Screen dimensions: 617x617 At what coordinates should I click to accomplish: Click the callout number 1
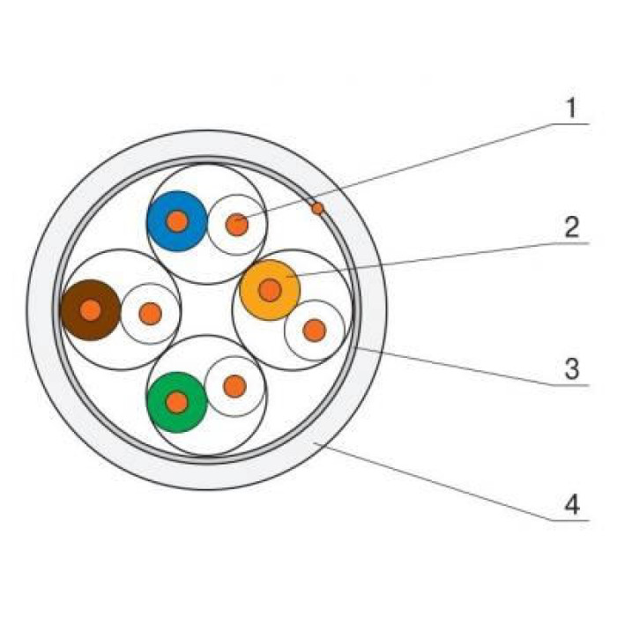pyautogui.click(x=571, y=108)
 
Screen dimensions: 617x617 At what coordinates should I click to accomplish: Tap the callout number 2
pyautogui.click(x=572, y=227)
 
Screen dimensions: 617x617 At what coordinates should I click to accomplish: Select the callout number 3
pyautogui.click(x=572, y=369)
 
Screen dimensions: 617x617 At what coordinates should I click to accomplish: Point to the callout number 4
pyautogui.click(x=572, y=504)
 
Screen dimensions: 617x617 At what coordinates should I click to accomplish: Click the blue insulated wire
pyautogui.click(x=177, y=221)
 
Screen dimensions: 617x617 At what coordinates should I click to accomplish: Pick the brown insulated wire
pyautogui.click(x=91, y=310)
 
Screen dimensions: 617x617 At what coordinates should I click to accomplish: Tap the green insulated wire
pyautogui.click(x=177, y=402)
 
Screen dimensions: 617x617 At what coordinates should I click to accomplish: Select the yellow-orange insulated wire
pyautogui.click(x=270, y=290)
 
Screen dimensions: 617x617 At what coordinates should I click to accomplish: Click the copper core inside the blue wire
pyautogui.click(x=177, y=221)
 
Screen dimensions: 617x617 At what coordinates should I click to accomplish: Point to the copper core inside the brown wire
pyautogui.click(x=91, y=310)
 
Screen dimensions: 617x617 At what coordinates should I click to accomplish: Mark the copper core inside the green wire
pyautogui.click(x=177, y=403)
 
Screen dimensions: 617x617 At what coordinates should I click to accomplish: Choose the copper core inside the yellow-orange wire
pyautogui.click(x=270, y=290)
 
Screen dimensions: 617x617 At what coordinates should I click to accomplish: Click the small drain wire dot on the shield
pyautogui.click(x=317, y=208)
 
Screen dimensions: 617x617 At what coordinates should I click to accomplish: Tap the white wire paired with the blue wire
pyautogui.click(x=237, y=225)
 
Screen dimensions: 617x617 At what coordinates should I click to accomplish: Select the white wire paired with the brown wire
pyautogui.click(x=151, y=314)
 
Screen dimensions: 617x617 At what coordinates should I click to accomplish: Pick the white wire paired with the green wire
pyautogui.click(x=235, y=386)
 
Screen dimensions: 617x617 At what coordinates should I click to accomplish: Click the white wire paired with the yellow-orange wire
pyautogui.click(x=315, y=331)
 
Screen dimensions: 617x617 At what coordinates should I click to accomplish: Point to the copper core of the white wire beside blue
pyautogui.click(x=237, y=225)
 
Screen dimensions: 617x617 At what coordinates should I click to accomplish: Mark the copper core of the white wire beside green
pyautogui.click(x=235, y=386)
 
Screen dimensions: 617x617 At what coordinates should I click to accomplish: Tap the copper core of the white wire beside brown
pyautogui.click(x=151, y=314)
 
